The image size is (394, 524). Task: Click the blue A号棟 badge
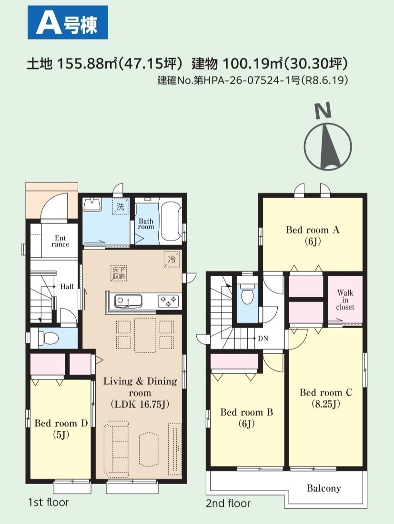tap(68, 22)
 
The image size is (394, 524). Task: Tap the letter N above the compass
tap(323, 111)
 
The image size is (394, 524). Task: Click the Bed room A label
tap(313, 235)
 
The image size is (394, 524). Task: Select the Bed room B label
tap(247, 418)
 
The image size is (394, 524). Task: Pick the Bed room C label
tap(326, 398)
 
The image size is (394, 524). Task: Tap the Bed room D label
tap(61, 429)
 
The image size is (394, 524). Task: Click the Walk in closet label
tap(345, 300)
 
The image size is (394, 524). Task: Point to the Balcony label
tap(323, 488)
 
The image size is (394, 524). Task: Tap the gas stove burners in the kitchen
tap(168, 301)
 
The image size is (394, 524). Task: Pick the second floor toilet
tap(247, 294)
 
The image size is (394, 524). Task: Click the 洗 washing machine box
tap(120, 207)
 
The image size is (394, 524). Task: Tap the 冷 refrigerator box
tap(172, 259)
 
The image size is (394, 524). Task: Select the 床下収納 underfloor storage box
tap(119, 272)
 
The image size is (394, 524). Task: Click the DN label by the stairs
tap(263, 339)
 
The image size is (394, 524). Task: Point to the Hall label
tap(67, 286)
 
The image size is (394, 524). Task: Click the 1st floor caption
tap(48, 502)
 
